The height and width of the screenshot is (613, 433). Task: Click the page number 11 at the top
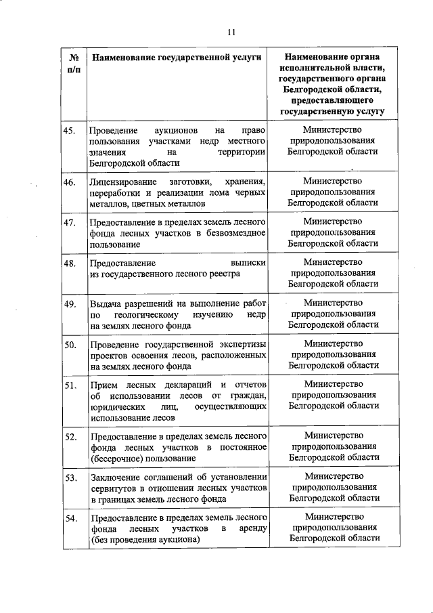click(x=231, y=32)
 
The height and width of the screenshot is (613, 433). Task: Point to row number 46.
click(x=69, y=182)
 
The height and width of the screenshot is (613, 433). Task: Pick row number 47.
click(x=69, y=222)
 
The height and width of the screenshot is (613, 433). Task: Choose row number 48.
click(x=69, y=262)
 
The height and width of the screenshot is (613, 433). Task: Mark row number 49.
click(x=69, y=303)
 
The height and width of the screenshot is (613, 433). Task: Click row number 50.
click(x=69, y=345)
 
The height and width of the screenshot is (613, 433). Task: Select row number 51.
click(x=69, y=386)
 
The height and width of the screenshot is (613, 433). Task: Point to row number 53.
click(x=69, y=478)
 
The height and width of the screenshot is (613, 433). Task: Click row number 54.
click(x=69, y=518)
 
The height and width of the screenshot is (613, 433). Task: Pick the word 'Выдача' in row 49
click(x=103, y=303)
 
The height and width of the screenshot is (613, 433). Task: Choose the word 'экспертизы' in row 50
click(x=241, y=345)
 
